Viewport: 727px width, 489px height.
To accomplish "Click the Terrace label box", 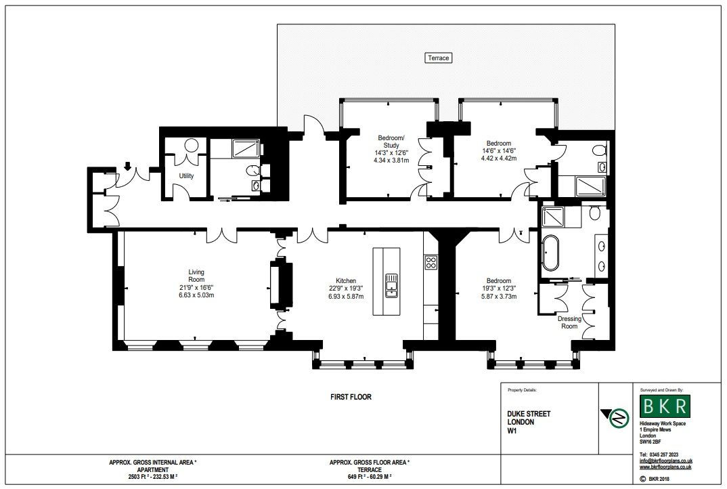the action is point(438,58).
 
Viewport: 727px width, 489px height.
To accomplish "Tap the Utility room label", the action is point(186,176).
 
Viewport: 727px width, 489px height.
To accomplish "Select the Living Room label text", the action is point(196,276).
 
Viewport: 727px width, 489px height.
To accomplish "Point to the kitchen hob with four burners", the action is point(431,263).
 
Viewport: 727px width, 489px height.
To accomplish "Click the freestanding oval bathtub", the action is point(551,253).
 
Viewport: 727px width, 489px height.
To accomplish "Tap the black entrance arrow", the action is point(127,165).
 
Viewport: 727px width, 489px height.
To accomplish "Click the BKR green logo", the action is point(665,406).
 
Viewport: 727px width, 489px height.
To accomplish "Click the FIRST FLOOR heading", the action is point(351,397).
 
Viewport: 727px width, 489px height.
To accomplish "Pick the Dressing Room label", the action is point(569,322).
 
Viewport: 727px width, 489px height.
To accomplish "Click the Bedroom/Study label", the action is point(391,142).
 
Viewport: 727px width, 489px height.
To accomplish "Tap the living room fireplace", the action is point(282,285).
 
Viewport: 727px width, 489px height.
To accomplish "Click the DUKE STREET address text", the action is point(529,413).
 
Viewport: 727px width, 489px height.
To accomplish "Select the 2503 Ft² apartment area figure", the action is point(153,477).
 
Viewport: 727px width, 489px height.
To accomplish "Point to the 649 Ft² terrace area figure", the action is point(370,477).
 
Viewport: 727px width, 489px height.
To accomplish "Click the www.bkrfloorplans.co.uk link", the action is point(665,467).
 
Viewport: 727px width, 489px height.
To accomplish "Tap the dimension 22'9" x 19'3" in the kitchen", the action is point(346,289).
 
